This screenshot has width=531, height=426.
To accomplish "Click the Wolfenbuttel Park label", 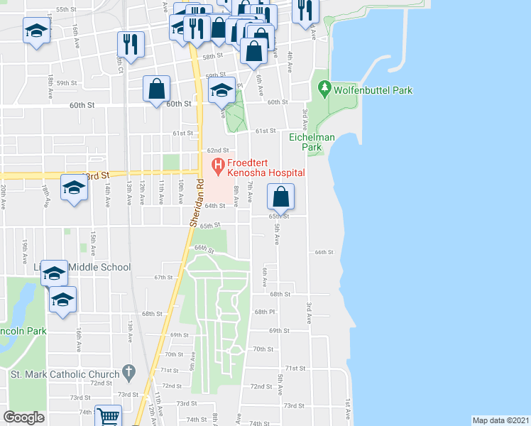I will point(374,90).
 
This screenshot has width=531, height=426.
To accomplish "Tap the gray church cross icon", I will point(128,371).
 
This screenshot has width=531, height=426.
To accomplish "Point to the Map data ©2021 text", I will point(501,420).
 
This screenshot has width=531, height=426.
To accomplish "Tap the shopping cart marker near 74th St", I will point(108,415).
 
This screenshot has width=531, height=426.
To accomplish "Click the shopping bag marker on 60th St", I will point(157,89).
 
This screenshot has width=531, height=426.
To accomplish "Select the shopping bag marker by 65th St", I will point(281,197).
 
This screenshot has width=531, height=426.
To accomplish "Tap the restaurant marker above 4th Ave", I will point(306,10).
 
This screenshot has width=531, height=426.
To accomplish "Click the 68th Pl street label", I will point(264,312).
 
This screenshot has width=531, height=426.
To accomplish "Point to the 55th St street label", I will point(66,9).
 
